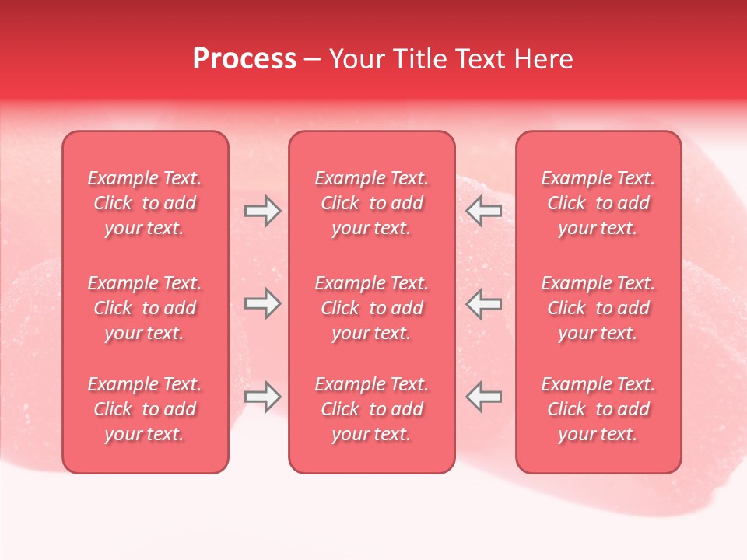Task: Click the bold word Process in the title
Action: click(244, 59)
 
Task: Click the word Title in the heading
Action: click(419, 59)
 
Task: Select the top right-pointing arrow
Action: click(262, 211)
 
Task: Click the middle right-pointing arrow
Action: click(262, 303)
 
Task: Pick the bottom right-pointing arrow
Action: click(262, 397)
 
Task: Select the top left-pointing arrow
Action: click(484, 211)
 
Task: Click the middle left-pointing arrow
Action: click(484, 303)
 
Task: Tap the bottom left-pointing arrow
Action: click(484, 397)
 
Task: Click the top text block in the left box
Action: click(145, 203)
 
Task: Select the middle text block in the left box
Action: click(145, 308)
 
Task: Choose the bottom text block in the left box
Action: click(145, 409)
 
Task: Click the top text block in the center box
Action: click(371, 203)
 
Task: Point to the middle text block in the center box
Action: click(371, 308)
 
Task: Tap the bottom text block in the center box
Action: click(371, 409)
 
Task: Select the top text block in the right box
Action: click(598, 203)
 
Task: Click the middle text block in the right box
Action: click(598, 308)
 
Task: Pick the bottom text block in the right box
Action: click(598, 409)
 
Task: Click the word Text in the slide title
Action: click(479, 59)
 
